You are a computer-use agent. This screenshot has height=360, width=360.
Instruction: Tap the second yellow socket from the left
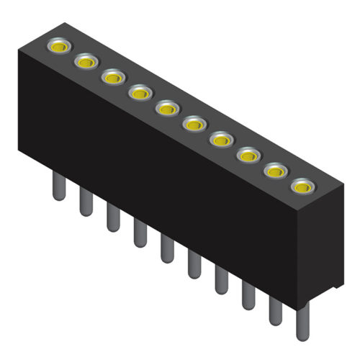(x=86, y=62)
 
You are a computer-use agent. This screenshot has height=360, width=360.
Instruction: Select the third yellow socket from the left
(x=112, y=76)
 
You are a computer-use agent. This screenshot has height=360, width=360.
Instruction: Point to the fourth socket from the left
(x=140, y=92)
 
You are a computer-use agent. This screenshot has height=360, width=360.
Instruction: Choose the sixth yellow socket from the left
(x=194, y=125)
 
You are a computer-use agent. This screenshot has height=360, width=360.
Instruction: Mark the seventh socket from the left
(x=220, y=139)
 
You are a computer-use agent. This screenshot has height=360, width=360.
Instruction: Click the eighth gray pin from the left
(x=248, y=296)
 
